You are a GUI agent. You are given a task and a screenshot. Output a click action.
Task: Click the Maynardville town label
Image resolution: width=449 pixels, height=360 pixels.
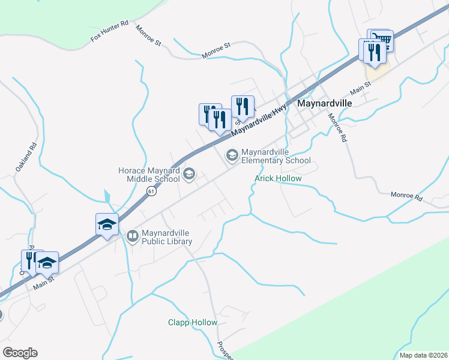tap(324, 103)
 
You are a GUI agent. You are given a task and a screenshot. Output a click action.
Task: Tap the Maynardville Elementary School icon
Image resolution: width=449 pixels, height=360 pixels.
tap(231, 156)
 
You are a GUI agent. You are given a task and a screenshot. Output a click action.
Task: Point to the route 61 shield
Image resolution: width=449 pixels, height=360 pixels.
tap(151, 191)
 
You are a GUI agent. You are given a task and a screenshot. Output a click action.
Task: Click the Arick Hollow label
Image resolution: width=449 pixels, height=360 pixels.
tap(277, 179)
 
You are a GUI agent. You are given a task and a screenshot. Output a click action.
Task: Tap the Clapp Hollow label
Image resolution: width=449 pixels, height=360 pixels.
tap(192, 323)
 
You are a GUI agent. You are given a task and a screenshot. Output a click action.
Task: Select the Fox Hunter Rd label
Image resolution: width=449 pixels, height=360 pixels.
tap(110, 31)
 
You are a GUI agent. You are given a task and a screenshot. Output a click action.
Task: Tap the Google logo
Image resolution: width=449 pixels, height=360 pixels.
tap(19, 353)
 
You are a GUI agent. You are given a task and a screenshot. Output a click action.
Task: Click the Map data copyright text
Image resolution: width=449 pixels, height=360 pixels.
tap(423, 355)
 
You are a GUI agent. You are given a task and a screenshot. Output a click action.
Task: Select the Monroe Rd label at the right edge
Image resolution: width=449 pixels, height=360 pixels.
tap(406, 195)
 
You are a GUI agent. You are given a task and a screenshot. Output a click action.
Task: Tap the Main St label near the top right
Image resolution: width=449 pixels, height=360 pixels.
tap(360, 88)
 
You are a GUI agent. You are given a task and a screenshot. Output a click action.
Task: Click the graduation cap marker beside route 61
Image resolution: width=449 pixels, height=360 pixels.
tap(107, 225)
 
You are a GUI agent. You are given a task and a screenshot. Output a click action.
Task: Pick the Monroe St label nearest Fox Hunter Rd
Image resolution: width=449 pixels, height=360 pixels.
tap(149, 36)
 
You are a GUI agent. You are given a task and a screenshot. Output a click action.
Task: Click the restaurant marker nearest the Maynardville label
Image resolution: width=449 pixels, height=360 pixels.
tap(243, 107)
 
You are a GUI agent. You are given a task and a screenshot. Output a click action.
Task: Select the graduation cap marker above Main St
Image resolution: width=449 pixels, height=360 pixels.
tap(47, 262)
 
